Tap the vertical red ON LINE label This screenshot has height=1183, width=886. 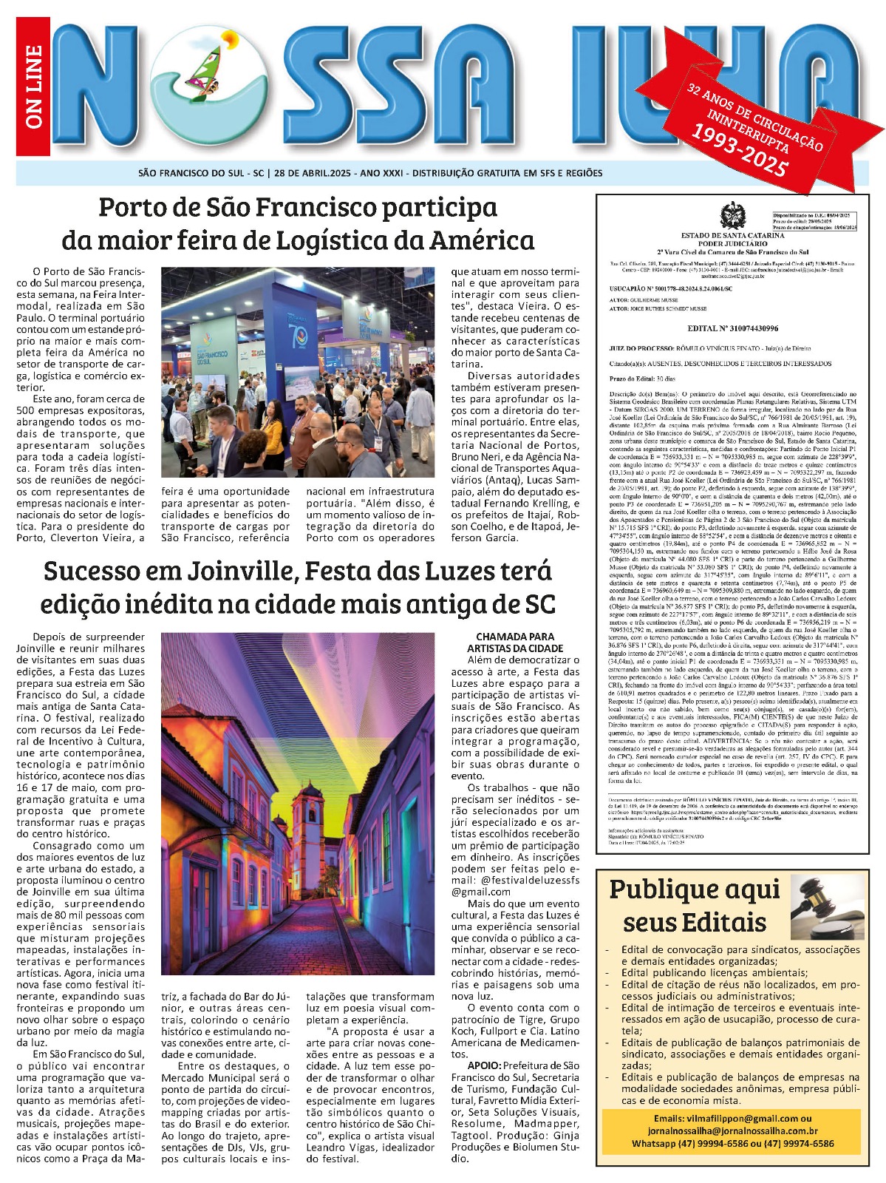(x=33, y=87)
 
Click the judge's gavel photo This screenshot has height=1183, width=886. (x=826, y=907)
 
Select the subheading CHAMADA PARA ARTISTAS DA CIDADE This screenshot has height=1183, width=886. (x=515, y=642)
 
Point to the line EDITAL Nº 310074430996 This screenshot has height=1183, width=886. (x=732, y=328)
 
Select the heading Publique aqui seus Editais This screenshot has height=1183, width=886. (x=695, y=906)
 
